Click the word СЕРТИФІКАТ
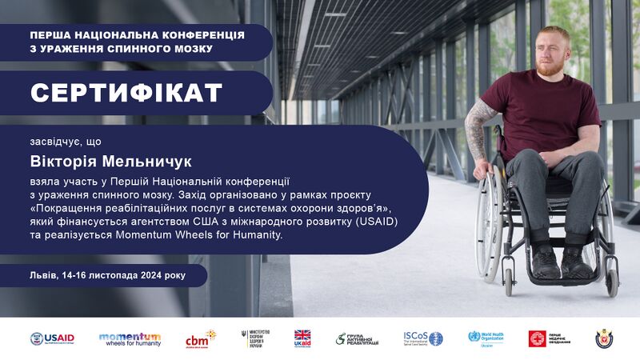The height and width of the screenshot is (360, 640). coord(126,93)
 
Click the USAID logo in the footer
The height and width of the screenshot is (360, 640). coord(52,338)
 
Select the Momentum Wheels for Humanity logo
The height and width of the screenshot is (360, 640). coord(130,338)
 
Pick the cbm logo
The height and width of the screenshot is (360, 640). coord(199,338)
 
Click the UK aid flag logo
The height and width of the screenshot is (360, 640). coord(302,338)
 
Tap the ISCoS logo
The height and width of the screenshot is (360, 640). coord(422,338)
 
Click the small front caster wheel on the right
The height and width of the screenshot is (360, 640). coord(612,282)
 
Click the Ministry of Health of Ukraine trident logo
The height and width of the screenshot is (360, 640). coord(251,338)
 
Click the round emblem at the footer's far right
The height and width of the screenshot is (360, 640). coord(604,338)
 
